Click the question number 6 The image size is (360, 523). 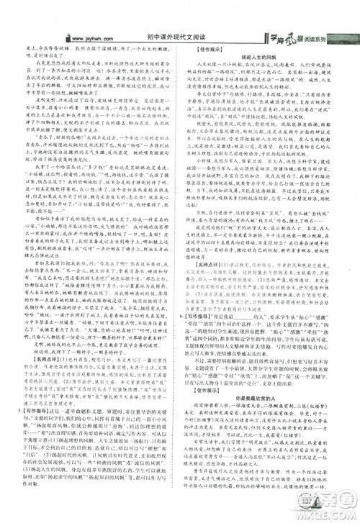(191, 315)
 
